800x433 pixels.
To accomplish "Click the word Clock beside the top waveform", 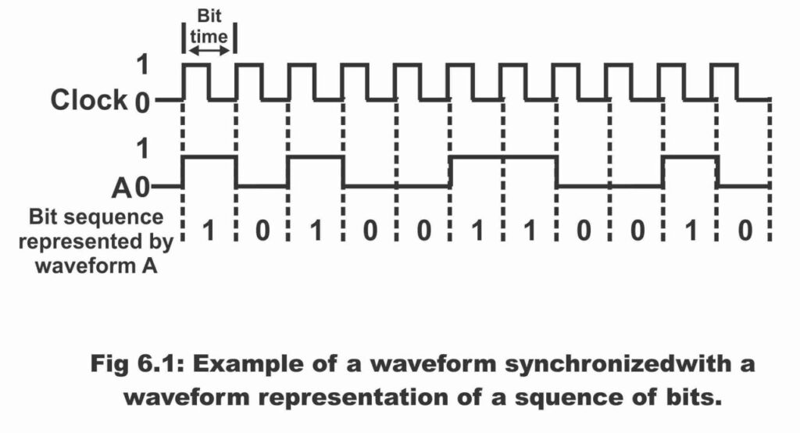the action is (x=89, y=99).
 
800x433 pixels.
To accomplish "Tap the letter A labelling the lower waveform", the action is (x=122, y=188).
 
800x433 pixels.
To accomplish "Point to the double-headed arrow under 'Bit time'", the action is (x=209, y=51).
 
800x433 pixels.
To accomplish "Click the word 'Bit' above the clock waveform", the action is (x=209, y=16).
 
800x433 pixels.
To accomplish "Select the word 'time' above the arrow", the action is (x=209, y=36).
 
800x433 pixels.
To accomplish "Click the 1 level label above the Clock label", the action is (x=142, y=64).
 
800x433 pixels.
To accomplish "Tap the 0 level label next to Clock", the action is (x=142, y=103).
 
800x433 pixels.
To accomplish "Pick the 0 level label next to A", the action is (x=142, y=188).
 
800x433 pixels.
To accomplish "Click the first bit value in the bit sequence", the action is (x=209, y=231).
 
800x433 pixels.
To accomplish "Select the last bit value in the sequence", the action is (x=745, y=231).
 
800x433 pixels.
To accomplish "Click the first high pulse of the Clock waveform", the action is (x=196, y=64).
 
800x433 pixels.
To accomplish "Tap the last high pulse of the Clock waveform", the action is (x=724, y=64).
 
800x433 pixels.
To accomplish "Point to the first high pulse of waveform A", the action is (x=209, y=157).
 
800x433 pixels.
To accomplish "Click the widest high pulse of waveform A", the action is (x=502, y=157).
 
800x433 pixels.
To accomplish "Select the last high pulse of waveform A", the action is (x=691, y=157).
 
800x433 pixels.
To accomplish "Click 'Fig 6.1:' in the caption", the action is (x=137, y=364).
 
